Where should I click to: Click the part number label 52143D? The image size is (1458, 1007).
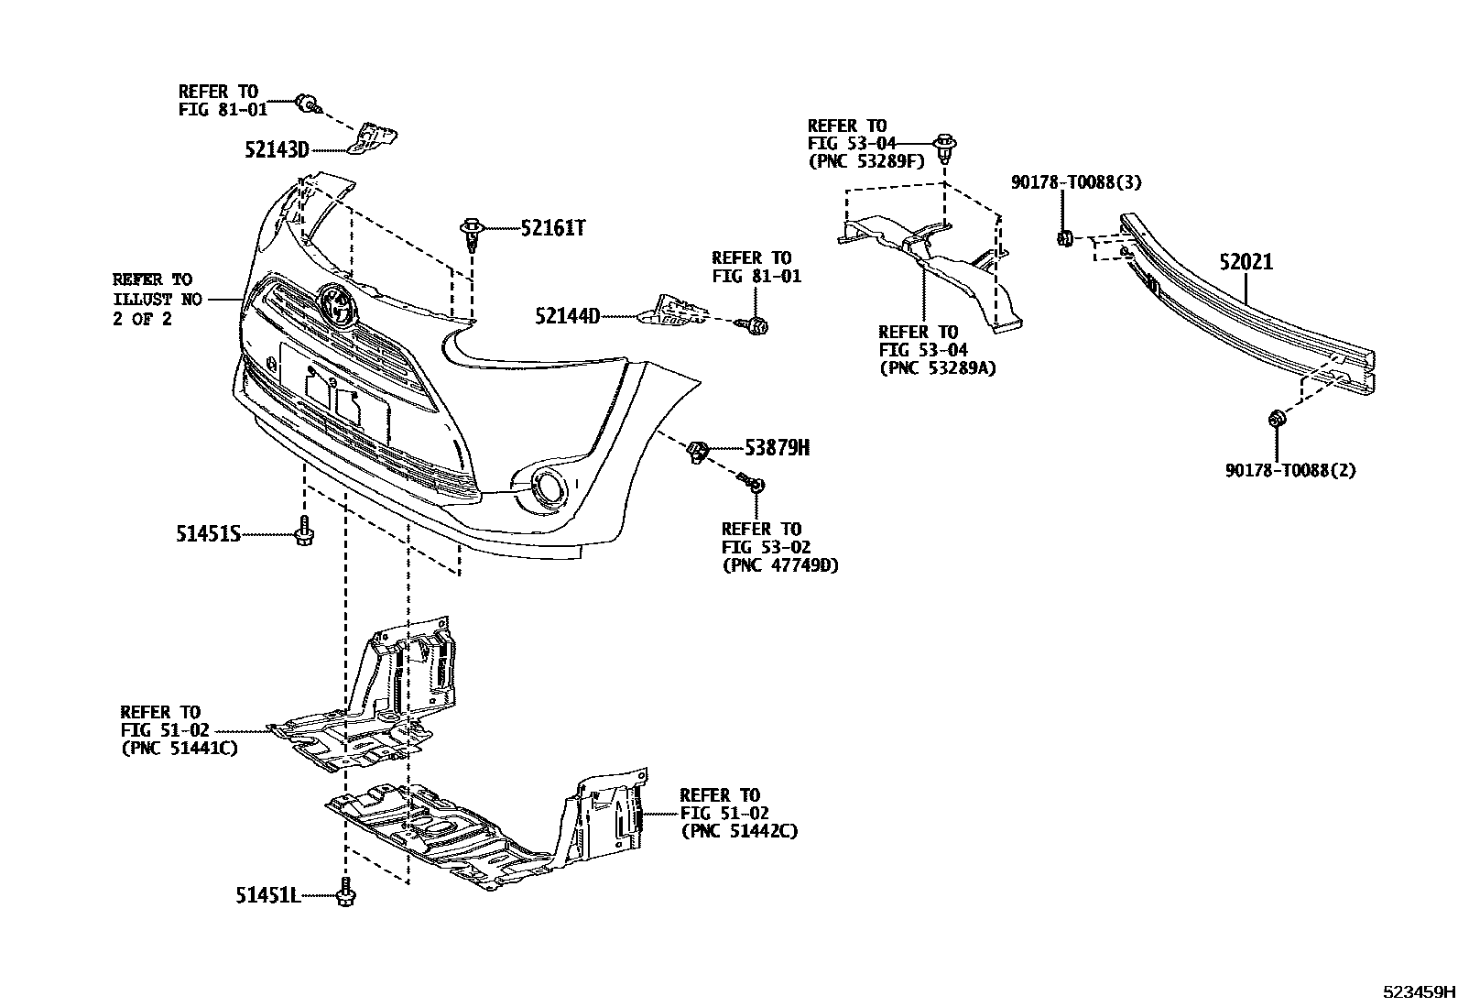click(x=277, y=148)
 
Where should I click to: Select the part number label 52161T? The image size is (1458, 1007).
click(x=552, y=228)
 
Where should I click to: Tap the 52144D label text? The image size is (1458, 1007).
click(x=567, y=317)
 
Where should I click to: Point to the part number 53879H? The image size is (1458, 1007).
click(x=777, y=448)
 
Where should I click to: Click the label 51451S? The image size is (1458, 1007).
click(x=208, y=533)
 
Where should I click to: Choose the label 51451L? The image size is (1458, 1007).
click(x=267, y=895)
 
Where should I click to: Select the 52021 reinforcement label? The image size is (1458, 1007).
click(x=1246, y=263)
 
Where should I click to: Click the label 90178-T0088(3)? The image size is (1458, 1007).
click(x=1076, y=182)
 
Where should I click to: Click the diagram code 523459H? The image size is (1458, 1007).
click(x=1419, y=991)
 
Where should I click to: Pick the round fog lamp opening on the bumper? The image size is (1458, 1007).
click(x=549, y=487)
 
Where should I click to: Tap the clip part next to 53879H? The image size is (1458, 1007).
click(x=700, y=450)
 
